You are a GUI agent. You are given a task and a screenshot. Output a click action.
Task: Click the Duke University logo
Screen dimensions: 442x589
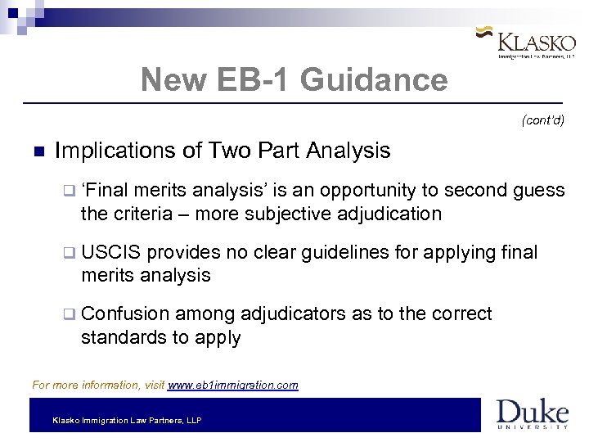(532, 413)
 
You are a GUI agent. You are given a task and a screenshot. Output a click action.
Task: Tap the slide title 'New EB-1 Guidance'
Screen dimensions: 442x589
(294, 80)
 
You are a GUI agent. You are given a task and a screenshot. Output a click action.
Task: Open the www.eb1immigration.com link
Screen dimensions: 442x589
(232, 385)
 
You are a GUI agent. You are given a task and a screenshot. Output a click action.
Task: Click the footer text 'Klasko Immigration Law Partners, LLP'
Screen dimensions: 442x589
(127, 421)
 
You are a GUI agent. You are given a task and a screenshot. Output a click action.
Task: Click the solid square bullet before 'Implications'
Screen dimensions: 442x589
(36, 152)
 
